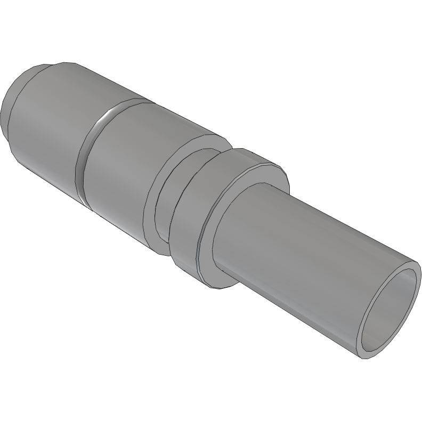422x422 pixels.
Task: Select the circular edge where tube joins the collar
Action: coord(213,240)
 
